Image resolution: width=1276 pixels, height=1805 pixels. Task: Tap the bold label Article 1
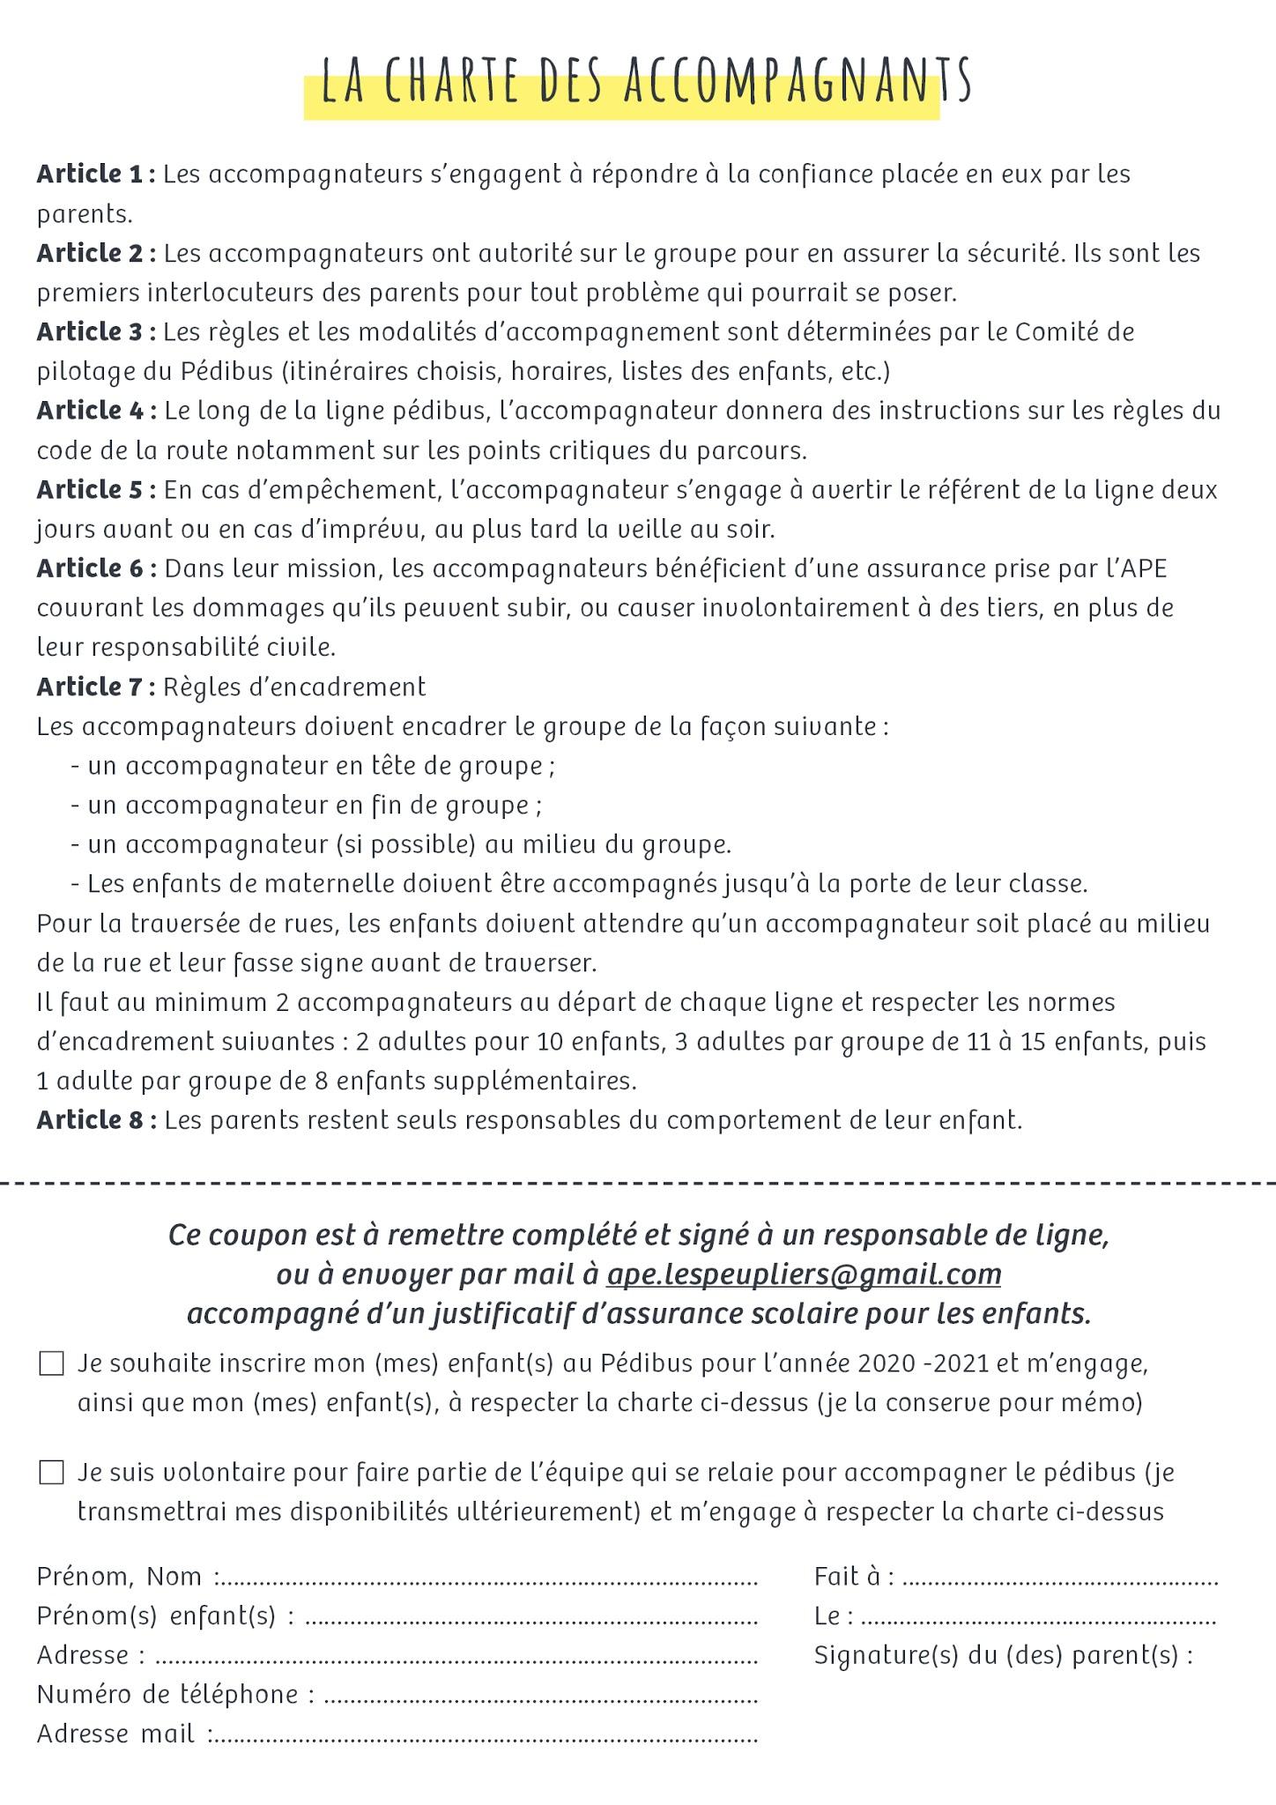coord(95,175)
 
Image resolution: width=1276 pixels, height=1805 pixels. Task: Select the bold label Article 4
coord(96,411)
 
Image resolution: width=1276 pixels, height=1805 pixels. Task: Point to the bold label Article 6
coord(96,568)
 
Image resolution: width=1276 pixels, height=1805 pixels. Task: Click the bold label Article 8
coord(96,1120)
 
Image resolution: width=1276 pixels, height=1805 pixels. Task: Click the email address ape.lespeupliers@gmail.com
coord(804,1274)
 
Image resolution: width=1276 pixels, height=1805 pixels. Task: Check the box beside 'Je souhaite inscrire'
coord(52,1363)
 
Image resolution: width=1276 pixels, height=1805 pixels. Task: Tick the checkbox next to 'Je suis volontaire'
coord(52,1473)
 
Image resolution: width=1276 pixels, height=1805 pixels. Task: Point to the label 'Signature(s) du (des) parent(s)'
coord(1003,1655)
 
